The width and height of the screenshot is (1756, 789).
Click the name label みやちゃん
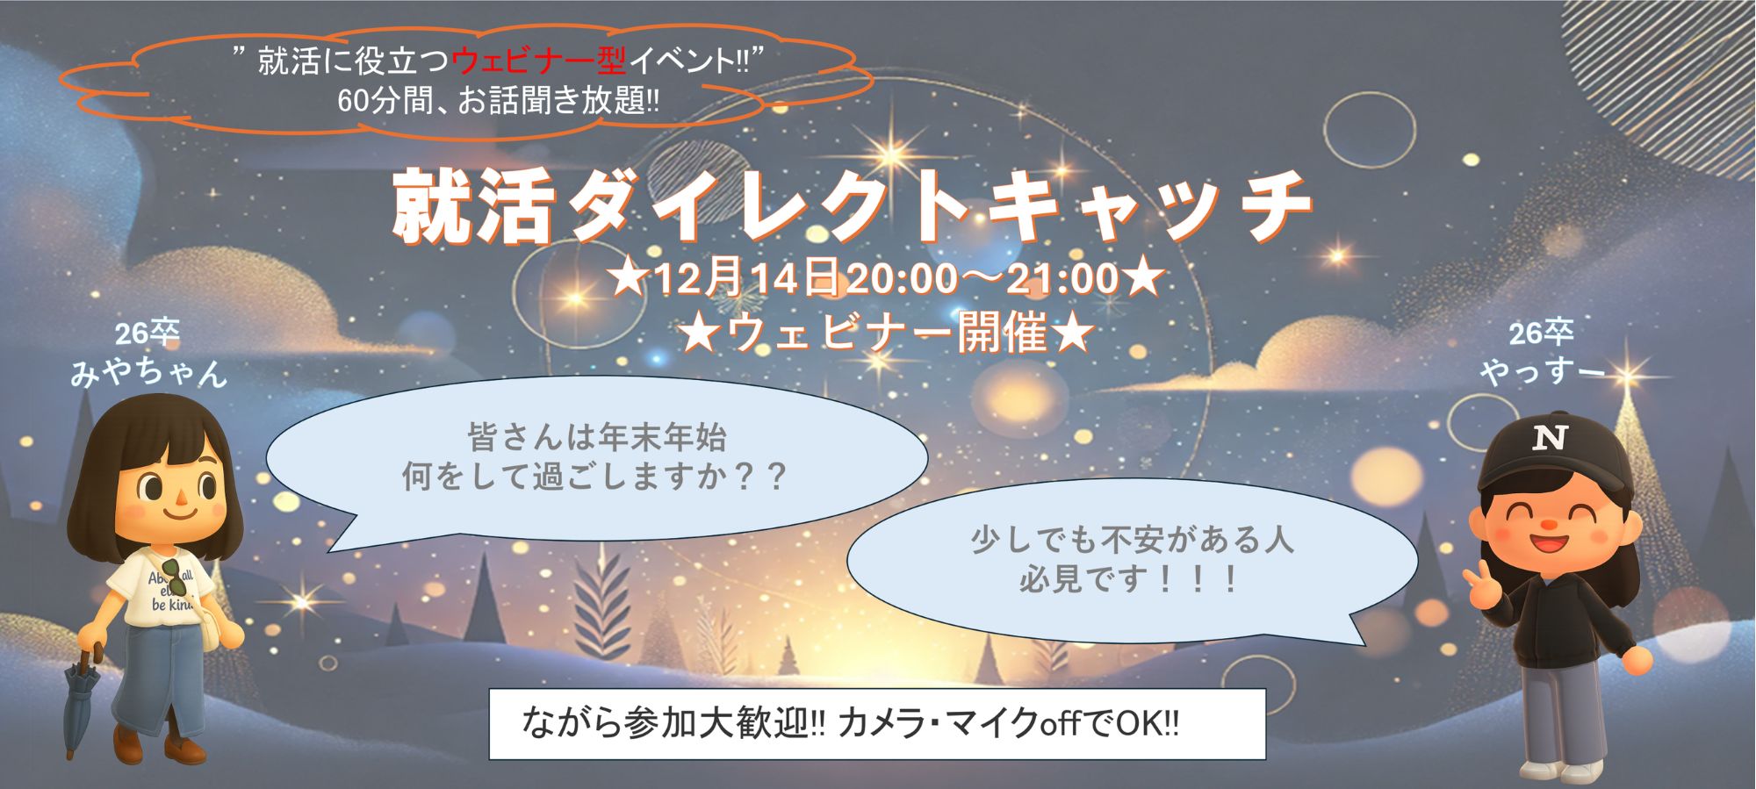tap(148, 372)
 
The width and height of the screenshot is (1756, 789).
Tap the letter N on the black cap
tap(1550, 436)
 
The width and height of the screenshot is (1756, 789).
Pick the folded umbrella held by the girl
tap(81, 702)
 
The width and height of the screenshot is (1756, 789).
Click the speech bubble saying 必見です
tap(1132, 563)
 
